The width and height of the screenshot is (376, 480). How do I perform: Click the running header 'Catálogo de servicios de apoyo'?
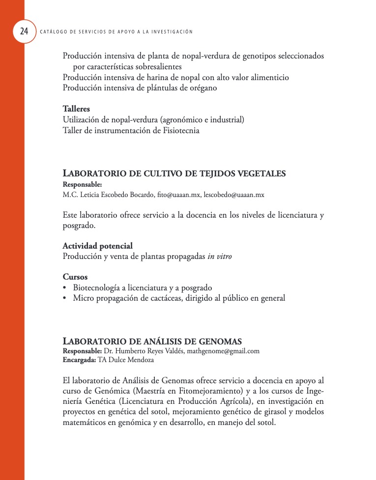tap(116, 32)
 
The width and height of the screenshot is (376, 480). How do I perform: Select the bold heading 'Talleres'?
tap(76, 109)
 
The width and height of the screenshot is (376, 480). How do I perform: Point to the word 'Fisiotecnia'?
tap(180, 131)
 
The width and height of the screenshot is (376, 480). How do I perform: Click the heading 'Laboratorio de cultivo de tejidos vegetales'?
tap(174, 173)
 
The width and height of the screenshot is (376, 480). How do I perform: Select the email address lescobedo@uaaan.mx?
tap(234, 195)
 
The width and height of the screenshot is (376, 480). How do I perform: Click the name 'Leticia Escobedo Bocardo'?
tap(116, 195)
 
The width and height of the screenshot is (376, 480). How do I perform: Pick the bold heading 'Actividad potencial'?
tap(97, 246)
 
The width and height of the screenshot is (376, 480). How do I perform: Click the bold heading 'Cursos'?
tap(75, 277)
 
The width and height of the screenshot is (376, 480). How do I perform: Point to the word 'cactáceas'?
tap(160, 298)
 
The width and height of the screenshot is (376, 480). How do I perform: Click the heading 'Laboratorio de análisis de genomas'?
tap(152, 341)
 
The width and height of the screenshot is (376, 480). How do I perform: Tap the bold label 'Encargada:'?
tap(79, 360)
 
